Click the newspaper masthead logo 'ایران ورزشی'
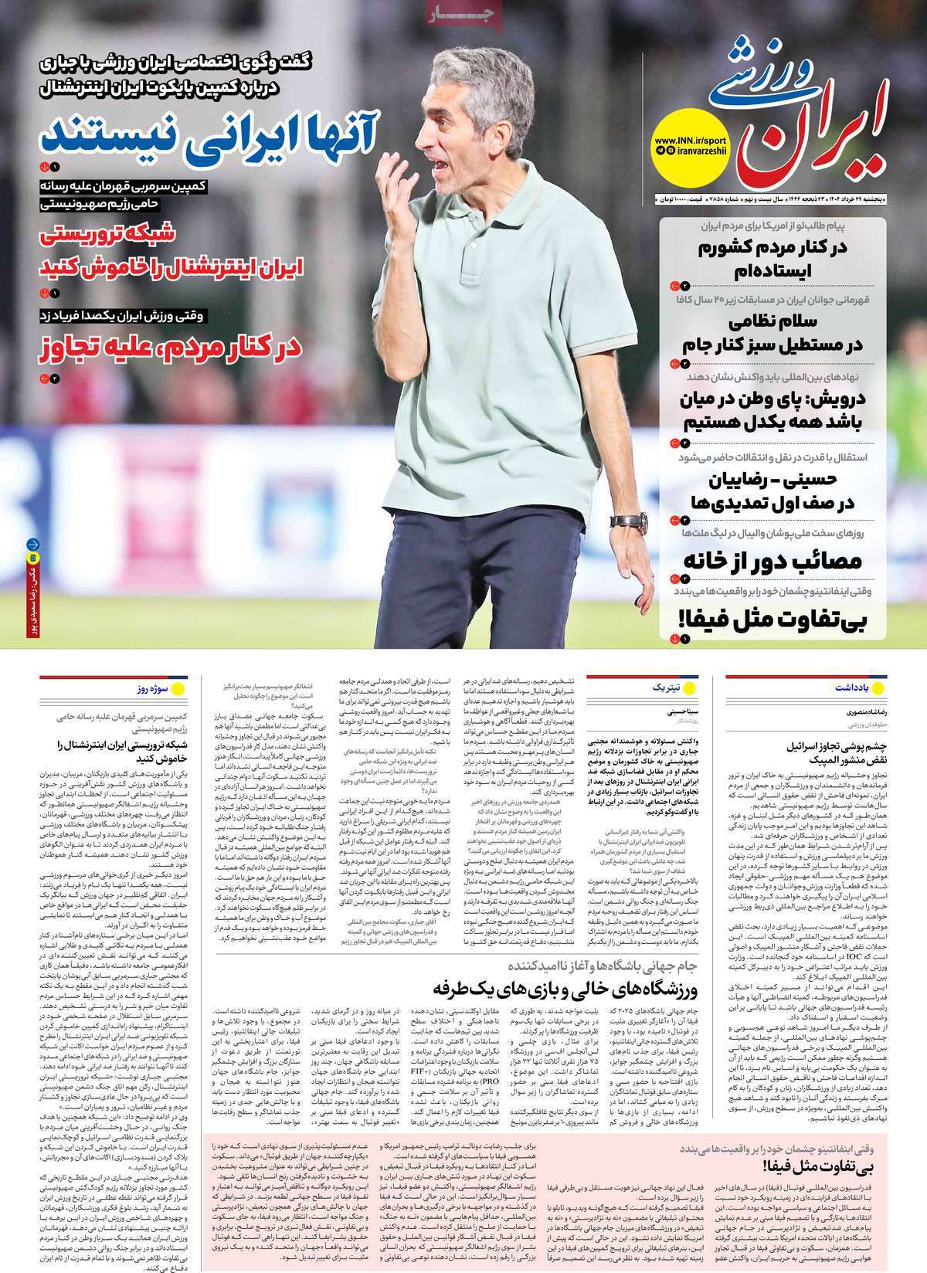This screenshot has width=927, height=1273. coord(807,116)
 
